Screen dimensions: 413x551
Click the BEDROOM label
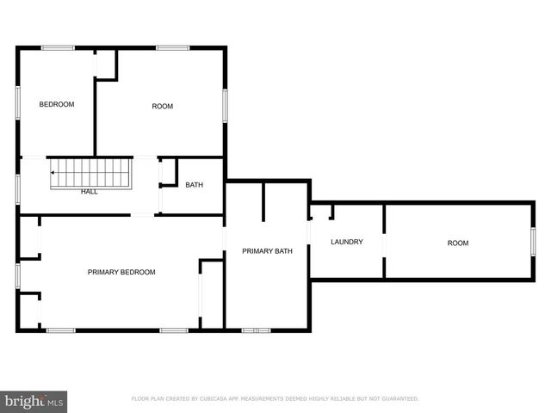pos(57,105)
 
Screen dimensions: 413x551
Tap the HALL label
pos(90,192)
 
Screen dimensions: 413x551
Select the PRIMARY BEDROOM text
pos(121,272)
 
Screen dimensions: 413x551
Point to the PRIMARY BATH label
pos(267,251)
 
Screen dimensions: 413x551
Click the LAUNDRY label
pos(346,242)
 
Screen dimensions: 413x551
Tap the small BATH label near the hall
pos(194,185)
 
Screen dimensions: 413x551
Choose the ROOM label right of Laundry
pos(458,243)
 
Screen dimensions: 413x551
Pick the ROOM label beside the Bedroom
pos(162,107)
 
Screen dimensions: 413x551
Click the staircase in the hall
pos(90,173)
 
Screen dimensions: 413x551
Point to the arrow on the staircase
pos(53,173)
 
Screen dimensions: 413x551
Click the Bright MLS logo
pos(34,401)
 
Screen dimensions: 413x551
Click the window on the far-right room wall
pos(533,241)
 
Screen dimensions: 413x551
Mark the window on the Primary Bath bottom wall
pos(256,330)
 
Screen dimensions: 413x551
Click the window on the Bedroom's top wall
pos(58,48)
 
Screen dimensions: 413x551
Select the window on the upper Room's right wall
pos(225,105)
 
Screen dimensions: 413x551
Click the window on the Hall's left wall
pos(18,189)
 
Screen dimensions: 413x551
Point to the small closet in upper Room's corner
pos(106,65)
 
